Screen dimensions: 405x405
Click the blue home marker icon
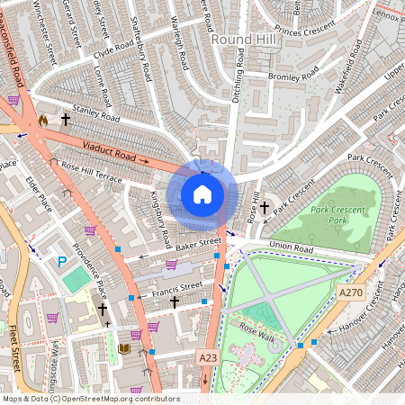(x=202, y=193)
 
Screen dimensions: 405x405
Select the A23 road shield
(x=208, y=357)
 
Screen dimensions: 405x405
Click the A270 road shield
(x=352, y=292)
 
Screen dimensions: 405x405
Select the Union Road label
(x=290, y=247)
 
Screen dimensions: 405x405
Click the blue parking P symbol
(x=62, y=262)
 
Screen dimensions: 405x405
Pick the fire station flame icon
(x=42, y=119)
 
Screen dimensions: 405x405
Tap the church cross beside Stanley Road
(x=65, y=118)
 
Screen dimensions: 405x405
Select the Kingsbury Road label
(x=160, y=219)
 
